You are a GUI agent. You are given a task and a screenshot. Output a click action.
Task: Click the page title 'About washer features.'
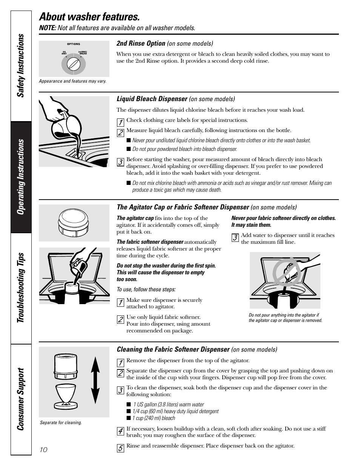[89, 17]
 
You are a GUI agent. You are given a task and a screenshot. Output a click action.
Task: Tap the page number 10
[43, 449]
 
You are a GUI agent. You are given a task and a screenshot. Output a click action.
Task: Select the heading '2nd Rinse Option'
[141, 43]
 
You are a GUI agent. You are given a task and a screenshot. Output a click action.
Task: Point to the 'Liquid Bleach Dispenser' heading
[152, 99]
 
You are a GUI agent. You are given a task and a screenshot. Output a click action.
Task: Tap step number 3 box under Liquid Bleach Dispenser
[120, 162]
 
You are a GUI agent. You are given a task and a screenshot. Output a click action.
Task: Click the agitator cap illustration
[74, 222]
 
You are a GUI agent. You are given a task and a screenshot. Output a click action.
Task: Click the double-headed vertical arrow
[95, 381]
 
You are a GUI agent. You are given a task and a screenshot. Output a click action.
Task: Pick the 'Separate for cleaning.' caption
[61, 423]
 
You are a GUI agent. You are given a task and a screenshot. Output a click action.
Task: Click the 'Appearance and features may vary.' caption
[72, 81]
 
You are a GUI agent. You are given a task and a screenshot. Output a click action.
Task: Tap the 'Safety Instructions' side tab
[21, 66]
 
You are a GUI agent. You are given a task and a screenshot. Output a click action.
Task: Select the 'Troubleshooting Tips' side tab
[21, 288]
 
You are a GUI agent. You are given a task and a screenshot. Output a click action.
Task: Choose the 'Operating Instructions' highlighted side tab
[21, 177]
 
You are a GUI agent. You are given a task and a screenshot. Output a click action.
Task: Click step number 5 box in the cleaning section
[120, 448]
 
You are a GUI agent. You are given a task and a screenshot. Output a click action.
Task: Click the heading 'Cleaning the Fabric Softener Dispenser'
[173, 349]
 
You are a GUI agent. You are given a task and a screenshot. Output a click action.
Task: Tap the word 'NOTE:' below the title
[48, 28]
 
